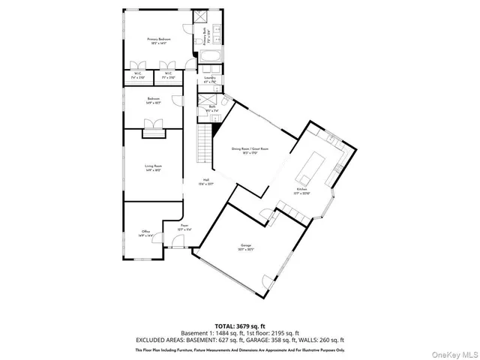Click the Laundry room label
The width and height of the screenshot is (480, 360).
[210, 79]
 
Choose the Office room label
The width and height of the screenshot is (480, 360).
[146, 232]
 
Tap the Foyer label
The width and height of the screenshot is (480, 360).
[184, 226]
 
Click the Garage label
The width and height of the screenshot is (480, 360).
[245, 247]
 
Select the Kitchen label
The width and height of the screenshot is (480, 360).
[303, 190]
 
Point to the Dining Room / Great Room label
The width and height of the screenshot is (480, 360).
[250, 150]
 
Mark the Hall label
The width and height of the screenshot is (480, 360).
[205, 182]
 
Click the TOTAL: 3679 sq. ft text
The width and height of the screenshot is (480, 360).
[239, 325]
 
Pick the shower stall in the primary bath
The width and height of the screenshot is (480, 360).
[200, 19]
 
